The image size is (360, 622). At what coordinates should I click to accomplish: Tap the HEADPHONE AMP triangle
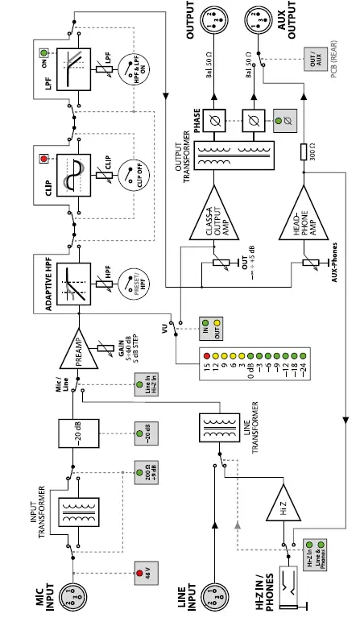[301, 211]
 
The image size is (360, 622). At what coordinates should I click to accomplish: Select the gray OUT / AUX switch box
[314, 57]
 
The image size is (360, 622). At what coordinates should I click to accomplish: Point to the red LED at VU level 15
[209, 355]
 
